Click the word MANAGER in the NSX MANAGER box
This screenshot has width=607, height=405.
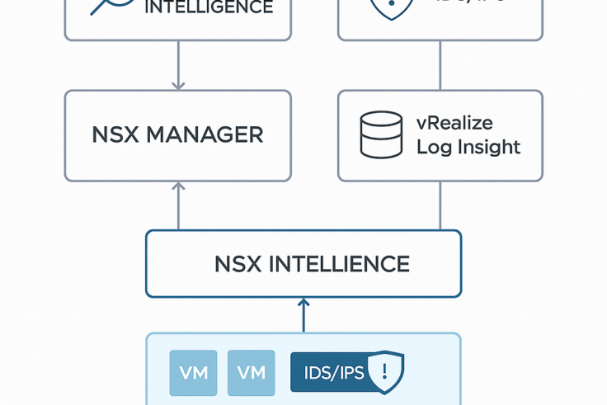coord(205,135)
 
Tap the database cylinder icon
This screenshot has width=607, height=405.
coord(381,134)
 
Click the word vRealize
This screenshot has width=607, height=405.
coord(454,124)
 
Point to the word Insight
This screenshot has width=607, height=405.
coord(490,148)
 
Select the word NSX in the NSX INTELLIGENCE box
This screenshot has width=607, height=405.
coord(238,264)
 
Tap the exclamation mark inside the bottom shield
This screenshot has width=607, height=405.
coord(383,370)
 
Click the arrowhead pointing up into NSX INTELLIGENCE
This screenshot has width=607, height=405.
coord(303,303)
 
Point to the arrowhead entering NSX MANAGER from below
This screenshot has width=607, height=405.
coord(178,186)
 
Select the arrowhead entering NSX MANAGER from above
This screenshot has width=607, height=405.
coord(178,85)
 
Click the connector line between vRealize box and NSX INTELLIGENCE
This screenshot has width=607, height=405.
coord(440,205)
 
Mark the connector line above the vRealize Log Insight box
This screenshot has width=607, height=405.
coord(440,65)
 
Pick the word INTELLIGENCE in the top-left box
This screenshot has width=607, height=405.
coord(208,8)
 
